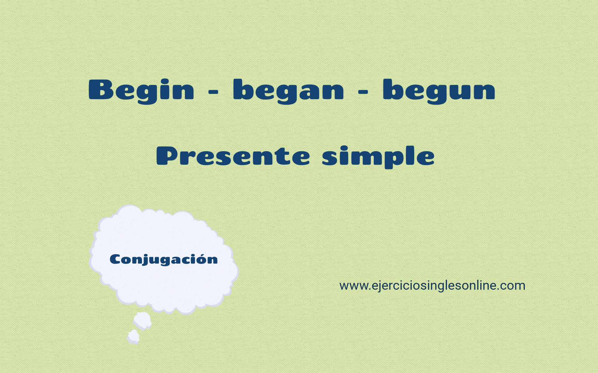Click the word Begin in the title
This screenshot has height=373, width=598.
pos(141,91)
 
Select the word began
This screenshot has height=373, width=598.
pos(288,91)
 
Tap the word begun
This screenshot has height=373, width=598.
pos(439,91)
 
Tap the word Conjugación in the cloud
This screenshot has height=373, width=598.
pos(164,260)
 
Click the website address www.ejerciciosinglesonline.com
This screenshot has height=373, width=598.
pos(432,286)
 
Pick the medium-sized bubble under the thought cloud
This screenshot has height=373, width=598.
pos(143,321)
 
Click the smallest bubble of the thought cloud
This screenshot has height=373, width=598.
pos(133,337)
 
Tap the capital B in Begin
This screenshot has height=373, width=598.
pos(101,90)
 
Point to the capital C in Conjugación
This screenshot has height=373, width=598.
pos(115,259)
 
